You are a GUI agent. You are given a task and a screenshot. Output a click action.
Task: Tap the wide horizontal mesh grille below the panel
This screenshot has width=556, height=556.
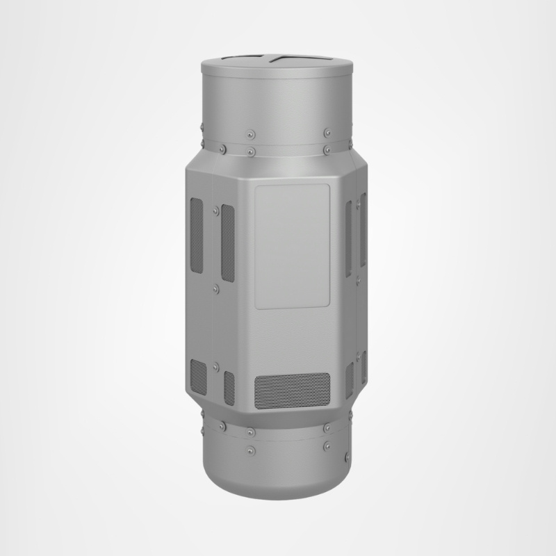[292, 391]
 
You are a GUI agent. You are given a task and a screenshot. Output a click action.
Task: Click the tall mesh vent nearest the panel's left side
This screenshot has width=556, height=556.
[227, 238]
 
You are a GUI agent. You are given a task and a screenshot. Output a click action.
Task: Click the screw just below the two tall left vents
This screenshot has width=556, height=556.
[216, 286]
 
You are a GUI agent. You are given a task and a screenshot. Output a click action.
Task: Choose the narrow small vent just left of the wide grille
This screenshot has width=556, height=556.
[229, 388]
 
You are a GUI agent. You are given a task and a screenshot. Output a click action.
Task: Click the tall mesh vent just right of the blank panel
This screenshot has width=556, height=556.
[349, 234]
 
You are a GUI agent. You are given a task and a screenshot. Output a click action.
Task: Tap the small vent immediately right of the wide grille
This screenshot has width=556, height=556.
[350, 380]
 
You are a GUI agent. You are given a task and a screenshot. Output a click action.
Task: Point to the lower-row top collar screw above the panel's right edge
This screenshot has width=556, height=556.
[326, 149]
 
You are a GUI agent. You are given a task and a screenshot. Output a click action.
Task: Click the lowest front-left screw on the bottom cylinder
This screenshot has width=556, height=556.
[251, 450]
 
